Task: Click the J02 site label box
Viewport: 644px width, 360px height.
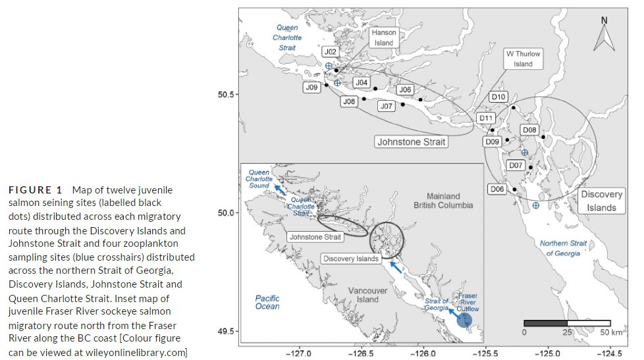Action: pyautogui.click(x=331, y=52)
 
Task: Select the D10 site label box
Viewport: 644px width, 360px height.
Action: pyautogui.click(x=498, y=97)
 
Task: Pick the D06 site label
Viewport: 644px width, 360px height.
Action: pyautogui.click(x=497, y=190)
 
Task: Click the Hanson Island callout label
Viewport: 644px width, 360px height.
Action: pyautogui.click(x=384, y=38)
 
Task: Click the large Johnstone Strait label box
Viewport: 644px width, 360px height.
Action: pyautogui.click(x=411, y=141)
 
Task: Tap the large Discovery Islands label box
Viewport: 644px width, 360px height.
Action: pyautogui.click(x=602, y=201)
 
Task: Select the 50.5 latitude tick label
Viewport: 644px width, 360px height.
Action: pyautogui.click(x=226, y=94)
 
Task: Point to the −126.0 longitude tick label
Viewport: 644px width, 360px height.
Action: pyautogui.click(x=423, y=351)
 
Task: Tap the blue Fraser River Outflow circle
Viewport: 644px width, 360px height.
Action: pyautogui.click(x=465, y=321)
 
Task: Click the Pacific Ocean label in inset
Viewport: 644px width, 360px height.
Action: pyautogui.click(x=267, y=302)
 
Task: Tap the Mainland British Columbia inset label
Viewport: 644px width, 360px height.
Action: pyautogui.click(x=443, y=200)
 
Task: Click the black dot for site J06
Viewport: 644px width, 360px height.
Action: pyautogui.click(x=421, y=100)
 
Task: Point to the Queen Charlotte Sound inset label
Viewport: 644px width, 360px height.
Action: pyautogui.click(x=258, y=179)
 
